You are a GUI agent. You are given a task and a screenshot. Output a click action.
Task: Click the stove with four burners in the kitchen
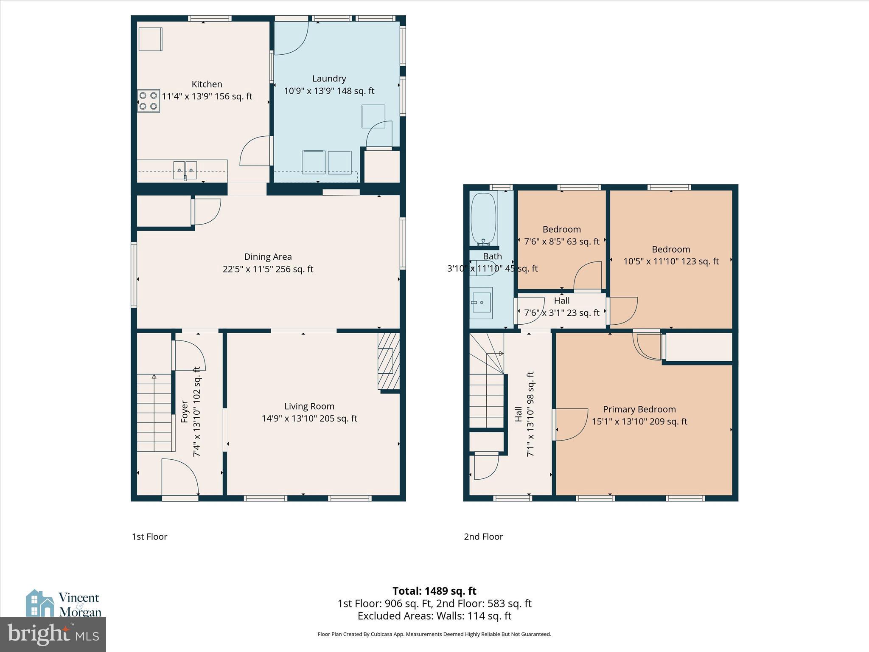click(148, 101)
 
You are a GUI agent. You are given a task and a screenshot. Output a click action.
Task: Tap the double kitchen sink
click(185, 170)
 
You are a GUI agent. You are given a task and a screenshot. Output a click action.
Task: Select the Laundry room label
click(329, 79)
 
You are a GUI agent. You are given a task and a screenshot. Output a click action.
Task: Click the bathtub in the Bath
click(484, 219)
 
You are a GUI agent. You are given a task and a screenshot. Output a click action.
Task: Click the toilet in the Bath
click(483, 270)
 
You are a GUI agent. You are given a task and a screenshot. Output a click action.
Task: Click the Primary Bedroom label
click(639, 409)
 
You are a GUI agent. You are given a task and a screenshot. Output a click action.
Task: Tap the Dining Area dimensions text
click(268, 269)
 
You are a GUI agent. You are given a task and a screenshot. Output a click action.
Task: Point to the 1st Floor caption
click(149, 537)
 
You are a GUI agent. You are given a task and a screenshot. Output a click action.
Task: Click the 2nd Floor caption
click(483, 537)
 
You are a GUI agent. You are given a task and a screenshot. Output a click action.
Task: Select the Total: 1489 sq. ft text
click(434, 591)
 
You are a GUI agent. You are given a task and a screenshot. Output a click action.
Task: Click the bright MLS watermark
click(53, 635)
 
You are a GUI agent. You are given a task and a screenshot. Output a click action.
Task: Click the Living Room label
click(309, 406)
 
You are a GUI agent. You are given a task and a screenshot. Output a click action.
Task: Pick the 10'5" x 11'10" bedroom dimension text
click(671, 261)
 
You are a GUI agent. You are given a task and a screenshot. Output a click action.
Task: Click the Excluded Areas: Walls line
click(434, 616)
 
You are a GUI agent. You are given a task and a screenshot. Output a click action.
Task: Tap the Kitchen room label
click(207, 84)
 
